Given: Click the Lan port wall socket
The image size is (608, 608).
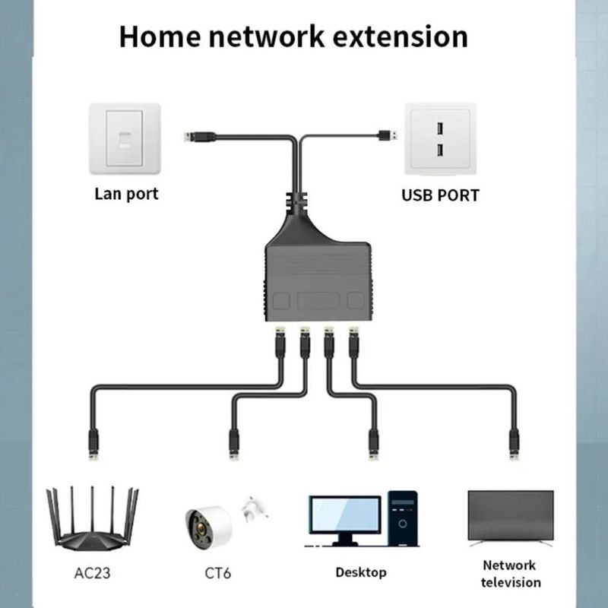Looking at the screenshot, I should pyautogui.click(x=125, y=139).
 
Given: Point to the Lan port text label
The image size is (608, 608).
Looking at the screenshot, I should pyautogui.click(x=126, y=194).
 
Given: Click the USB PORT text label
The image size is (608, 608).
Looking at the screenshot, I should pyautogui.click(x=440, y=195).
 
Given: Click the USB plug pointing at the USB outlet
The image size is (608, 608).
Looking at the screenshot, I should pyautogui.click(x=388, y=135).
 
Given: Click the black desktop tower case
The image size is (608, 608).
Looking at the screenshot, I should pyautogui.click(x=404, y=518).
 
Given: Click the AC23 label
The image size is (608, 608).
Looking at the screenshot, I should pyautogui.click(x=93, y=572).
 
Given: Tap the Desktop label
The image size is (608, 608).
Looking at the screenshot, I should pyautogui.click(x=361, y=572).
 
